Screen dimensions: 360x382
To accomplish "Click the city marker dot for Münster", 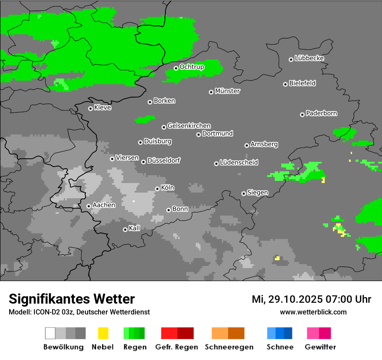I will coord(211,92).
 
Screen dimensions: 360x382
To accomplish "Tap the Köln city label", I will coord(168,188).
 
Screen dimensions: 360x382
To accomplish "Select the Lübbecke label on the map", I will coord(309,58).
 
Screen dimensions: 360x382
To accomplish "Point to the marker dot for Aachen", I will coord(89,206).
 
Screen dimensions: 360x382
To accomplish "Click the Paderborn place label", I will coord(321,113).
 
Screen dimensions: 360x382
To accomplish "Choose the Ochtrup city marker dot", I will coord(176,68).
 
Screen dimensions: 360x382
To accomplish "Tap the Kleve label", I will coord(102,108).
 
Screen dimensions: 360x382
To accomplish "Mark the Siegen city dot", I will coord(244,193).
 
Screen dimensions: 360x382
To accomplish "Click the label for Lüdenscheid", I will coord(239,163).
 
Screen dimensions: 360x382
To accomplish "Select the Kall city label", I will coord(135,228).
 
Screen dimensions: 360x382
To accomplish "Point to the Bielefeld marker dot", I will coord(285,84).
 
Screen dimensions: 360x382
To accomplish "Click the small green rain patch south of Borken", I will coord(145,119).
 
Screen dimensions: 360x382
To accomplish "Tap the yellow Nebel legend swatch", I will coord(103,333).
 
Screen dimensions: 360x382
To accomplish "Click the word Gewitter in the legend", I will coord(320,347).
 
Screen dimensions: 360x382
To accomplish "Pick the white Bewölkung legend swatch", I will coord(50,333).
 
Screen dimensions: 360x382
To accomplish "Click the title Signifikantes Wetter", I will coord(72,299).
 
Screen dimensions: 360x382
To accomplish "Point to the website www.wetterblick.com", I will coord(313,312).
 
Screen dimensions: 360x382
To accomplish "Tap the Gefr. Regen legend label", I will coord(177,347).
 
